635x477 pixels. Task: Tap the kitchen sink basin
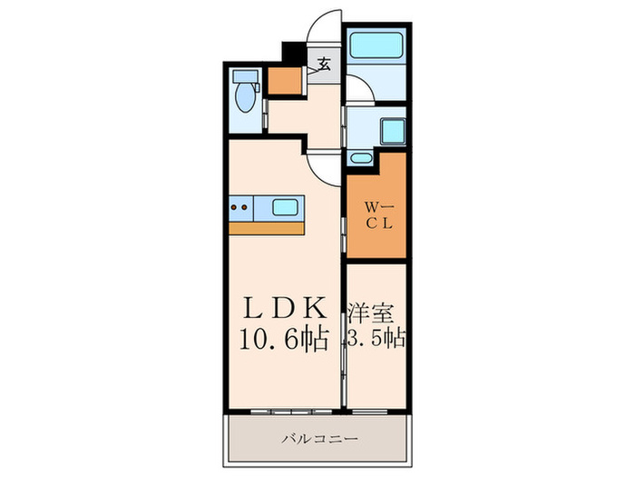(287, 207)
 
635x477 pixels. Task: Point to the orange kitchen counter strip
(267, 228)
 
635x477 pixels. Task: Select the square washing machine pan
(391, 133)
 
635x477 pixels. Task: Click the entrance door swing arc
(323, 26)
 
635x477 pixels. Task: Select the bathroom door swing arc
(359, 89)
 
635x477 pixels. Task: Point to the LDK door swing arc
(324, 164)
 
